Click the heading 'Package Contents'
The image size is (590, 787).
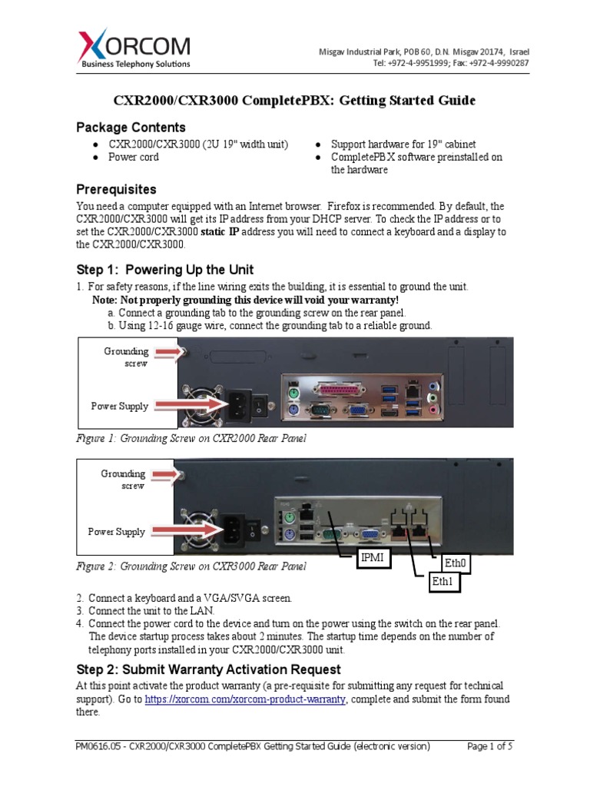[x=131, y=127]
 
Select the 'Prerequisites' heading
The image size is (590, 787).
[x=116, y=189]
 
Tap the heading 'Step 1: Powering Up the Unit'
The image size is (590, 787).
[x=164, y=270]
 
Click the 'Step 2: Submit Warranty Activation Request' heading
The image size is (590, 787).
[x=208, y=669]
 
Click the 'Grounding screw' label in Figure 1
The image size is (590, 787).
[x=127, y=357]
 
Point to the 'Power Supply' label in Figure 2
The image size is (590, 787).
[x=116, y=531]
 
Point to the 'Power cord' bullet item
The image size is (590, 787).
[x=134, y=157]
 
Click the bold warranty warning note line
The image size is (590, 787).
[x=245, y=299]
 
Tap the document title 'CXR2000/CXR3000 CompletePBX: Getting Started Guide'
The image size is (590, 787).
[x=294, y=101]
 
